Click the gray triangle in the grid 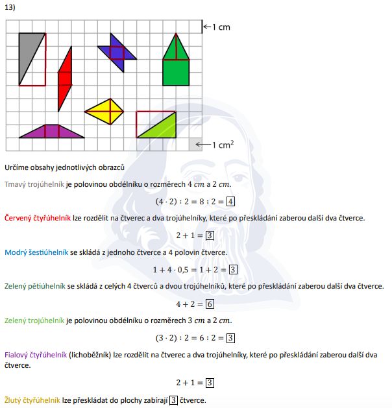(x=29, y=54)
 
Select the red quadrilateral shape (x=64, y=78)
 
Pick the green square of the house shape (x=175, y=72)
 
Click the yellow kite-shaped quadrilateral (x=105, y=112)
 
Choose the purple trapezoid (x=52, y=132)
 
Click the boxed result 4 (x=230, y=201)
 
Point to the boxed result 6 (x=210, y=304)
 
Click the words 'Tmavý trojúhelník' (x=34, y=184)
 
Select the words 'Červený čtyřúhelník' (x=37, y=218)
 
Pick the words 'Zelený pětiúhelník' (x=34, y=286)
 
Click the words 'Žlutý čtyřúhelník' (x=32, y=400)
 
